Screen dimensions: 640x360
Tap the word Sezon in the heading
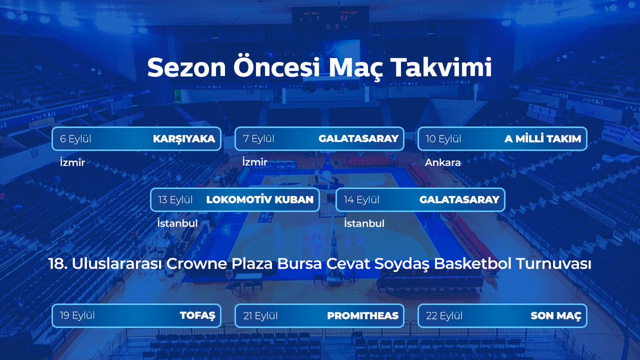coord(187,68)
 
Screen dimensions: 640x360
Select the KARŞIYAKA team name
coord(184,139)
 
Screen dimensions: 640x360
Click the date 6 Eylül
coord(75,139)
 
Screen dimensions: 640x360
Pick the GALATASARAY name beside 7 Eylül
coord(358,139)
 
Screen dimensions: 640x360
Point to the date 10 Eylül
coord(443,139)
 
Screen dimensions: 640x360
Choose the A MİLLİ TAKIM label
coord(543,139)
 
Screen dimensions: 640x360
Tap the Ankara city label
coord(443,163)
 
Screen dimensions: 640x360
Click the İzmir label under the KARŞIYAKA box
coord(73,162)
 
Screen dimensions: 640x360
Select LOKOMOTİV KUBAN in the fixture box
coord(260,199)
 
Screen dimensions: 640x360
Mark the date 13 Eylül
coord(175,199)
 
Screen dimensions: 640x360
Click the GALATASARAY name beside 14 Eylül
coord(459,199)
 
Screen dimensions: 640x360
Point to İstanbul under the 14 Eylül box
coord(364,223)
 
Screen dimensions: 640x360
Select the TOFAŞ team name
coord(197,316)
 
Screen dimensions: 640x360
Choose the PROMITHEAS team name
coord(363,316)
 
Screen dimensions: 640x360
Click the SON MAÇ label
coord(556,316)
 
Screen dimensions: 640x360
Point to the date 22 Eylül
coord(444,316)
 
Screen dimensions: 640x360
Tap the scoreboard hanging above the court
coord(330,19)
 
